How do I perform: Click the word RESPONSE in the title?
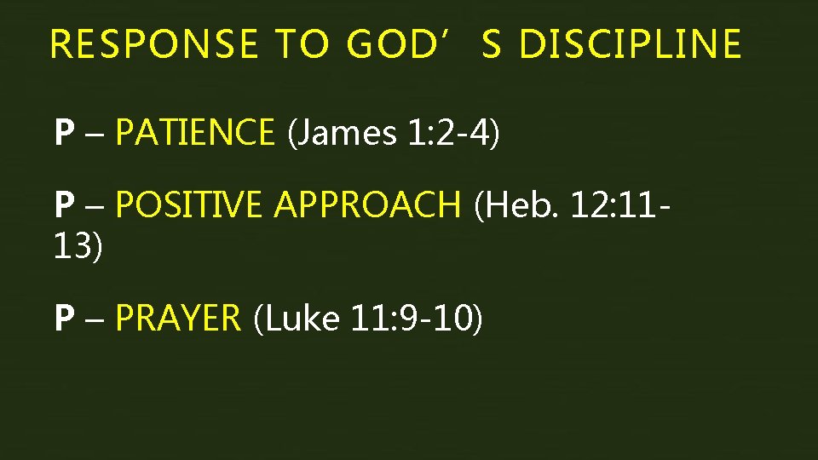[x=154, y=44]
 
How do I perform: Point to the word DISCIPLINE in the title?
[x=630, y=44]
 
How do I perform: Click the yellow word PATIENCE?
[x=194, y=133]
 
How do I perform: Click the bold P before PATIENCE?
[x=63, y=133]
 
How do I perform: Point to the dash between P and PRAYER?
[x=93, y=319]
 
